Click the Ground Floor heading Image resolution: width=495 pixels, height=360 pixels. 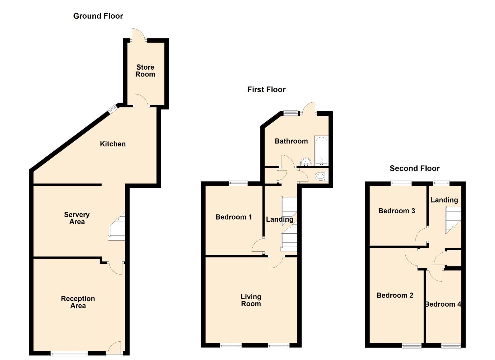click(x=98, y=16)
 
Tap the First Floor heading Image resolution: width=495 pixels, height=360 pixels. click(x=266, y=89)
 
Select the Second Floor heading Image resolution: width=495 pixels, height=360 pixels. click(x=414, y=168)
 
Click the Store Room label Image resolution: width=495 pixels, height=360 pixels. click(x=145, y=71)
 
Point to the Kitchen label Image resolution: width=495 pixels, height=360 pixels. click(x=113, y=144)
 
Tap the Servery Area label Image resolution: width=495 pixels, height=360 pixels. click(x=77, y=218)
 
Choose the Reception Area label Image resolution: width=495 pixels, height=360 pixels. click(x=78, y=302)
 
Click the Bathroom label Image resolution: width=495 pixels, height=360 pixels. click(x=291, y=141)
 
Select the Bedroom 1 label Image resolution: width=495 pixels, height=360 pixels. click(x=233, y=217)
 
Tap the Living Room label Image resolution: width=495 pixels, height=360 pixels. click(x=251, y=300)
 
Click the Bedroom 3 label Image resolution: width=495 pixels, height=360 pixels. click(x=396, y=211)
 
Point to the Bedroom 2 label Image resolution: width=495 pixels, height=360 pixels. click(x=395, y=295)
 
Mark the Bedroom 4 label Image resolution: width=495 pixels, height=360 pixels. click(x=443, y=304)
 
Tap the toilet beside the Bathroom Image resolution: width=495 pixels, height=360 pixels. click(x=321, y=176)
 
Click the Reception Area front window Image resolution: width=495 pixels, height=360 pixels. click(x=69, y=353)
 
